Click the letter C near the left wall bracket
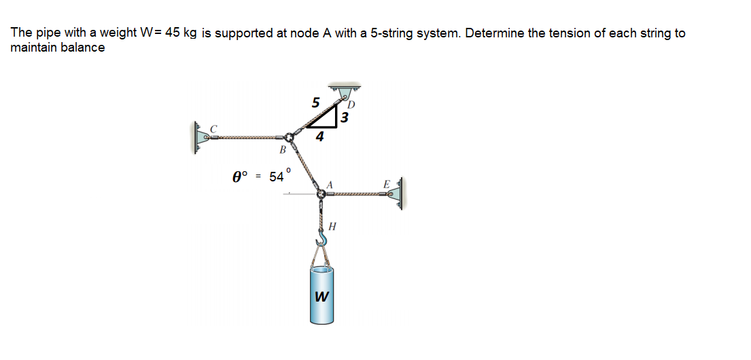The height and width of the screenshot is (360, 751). coord(214,127)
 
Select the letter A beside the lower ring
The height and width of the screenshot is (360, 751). coord(331,183)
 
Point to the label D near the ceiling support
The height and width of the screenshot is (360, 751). coord(351,105)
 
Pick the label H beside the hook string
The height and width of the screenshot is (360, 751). coord(332,226)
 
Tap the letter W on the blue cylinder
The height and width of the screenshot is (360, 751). coord(321,297)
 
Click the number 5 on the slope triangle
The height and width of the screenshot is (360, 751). coord(315,103)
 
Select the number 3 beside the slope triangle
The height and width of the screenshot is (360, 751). coord(345,118)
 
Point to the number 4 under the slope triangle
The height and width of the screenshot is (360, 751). coord(319,137)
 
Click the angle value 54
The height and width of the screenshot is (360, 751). coord(277,177)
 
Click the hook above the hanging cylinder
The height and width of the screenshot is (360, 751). coord(321,237)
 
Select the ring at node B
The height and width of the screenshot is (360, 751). coord(291,137)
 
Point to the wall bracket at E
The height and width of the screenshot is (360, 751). coord(399,194)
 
